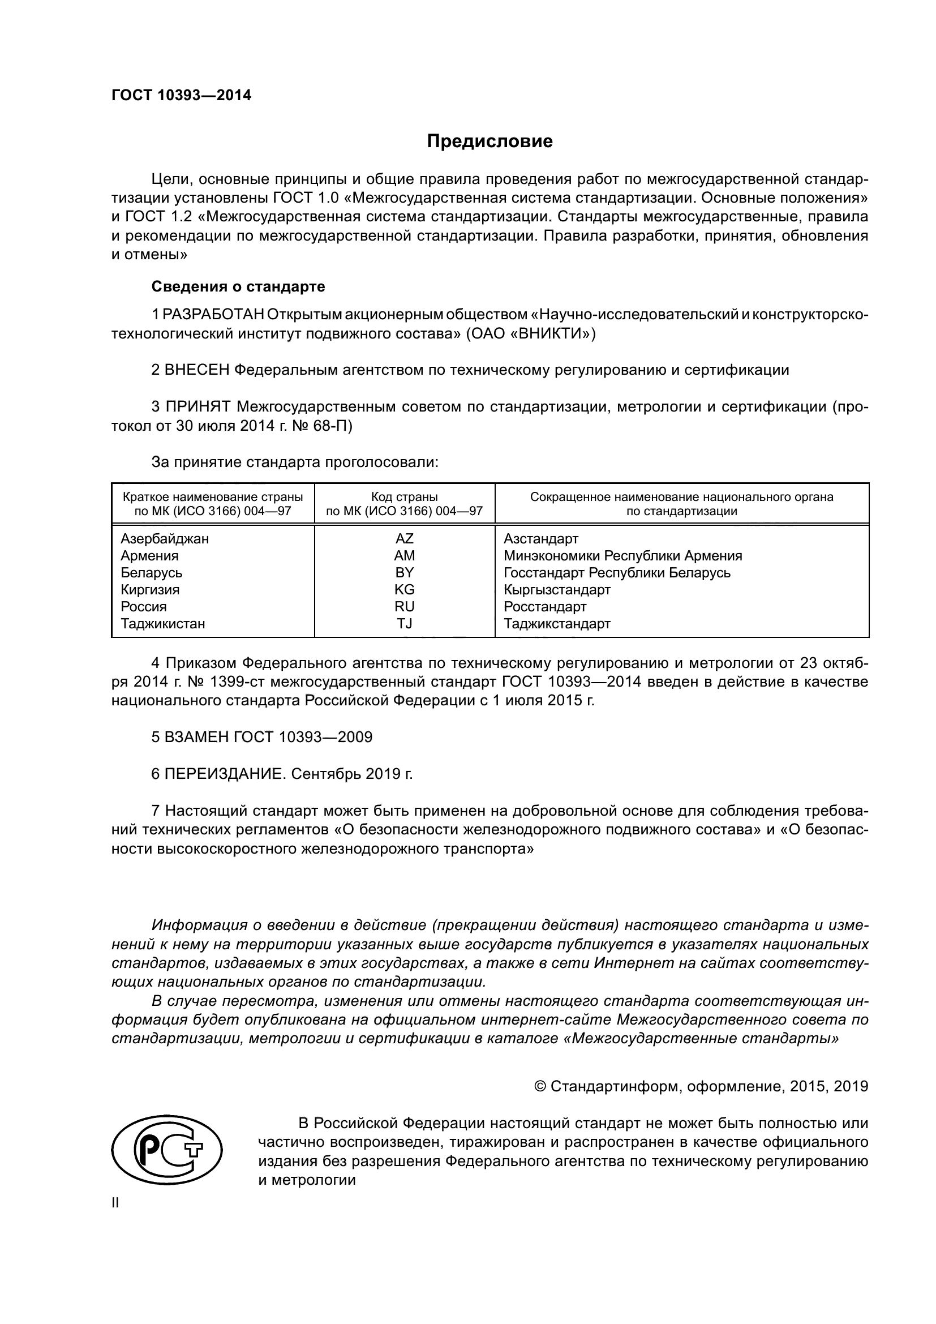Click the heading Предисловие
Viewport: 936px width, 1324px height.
click(490, 142)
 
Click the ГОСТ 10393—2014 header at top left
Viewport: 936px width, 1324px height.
click(181, 96)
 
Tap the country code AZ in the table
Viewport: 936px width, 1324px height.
click(404, 538)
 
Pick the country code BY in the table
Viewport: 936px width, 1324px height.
click(404, 573)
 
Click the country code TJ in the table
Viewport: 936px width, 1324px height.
click(404, 623)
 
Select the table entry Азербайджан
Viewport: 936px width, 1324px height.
click(165, 538)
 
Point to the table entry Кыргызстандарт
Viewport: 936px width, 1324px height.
click(557, 590)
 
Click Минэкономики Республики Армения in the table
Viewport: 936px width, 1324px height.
click(622, 556)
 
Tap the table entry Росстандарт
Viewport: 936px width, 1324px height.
click(544, 607)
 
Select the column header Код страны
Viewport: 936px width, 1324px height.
click(404, 497)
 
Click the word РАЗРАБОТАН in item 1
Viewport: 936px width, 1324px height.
click(214, 315)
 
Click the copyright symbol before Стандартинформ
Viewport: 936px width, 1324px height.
click(540, 1087)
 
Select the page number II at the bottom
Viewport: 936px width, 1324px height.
click(115, 1203)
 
